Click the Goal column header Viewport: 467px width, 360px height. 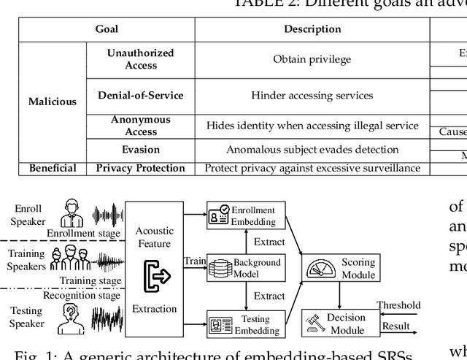click(x=107, y=29)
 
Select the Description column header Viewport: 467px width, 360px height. click(x=312, y=29)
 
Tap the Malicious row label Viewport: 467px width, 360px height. click(x=53, y=102)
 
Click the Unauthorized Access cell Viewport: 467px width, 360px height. click(x=141, y=59)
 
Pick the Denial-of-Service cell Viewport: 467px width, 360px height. click(x=141, y=95)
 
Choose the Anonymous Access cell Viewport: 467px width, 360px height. click(x=141, y=126)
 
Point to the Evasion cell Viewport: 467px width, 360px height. click(x=141, y=150)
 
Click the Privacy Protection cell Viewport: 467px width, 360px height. click(x=141, y=168)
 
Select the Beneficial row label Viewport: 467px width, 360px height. click(x=53, y=168)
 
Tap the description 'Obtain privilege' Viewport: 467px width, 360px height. click(x=312, y=59)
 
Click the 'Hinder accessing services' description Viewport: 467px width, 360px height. click(x=312, y=95)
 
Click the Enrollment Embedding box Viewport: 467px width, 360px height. click(x=242, y=216)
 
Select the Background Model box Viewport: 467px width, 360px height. click(x=244, y=268)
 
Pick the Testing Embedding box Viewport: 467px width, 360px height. click(x=244, y=324)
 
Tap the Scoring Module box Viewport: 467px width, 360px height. click(x=338, y=268)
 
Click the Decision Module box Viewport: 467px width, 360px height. click(x=338, y=323)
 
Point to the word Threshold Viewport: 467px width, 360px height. click(x=398, y=305)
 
